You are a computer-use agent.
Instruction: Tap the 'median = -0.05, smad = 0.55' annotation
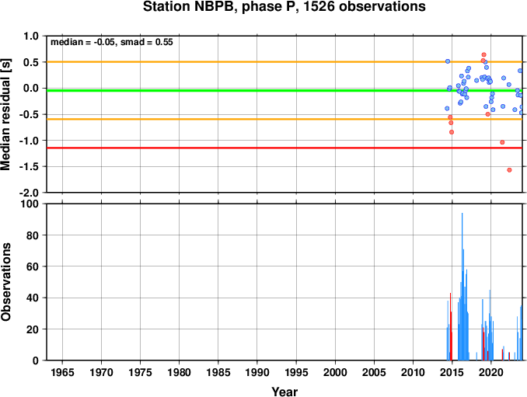pos(112,42)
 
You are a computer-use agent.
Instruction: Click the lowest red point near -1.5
pos(509,170)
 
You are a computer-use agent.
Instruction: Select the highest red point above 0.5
pos(483,54)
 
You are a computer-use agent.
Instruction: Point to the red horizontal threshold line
pos(284,148)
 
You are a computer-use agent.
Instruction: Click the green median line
pos(284,91)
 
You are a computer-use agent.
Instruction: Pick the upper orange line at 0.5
pos(284,62)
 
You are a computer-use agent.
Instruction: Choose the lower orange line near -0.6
pos(284,119)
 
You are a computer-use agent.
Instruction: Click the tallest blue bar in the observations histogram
pos(462,287)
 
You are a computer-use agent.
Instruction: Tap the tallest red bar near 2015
pos(450,326)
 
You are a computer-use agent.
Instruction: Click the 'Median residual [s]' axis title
pos(5,114)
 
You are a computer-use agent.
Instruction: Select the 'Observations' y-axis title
pos(5,282)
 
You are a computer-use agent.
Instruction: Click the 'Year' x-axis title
pos(284,392)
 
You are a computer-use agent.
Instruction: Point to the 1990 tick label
pos(257,372)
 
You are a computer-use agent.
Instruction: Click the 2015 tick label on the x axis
pos(452,372)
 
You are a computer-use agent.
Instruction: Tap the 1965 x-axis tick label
pos(62,372)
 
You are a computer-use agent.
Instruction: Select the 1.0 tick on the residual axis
pos(31,36)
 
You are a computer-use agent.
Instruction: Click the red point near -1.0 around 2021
pos(502,142)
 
